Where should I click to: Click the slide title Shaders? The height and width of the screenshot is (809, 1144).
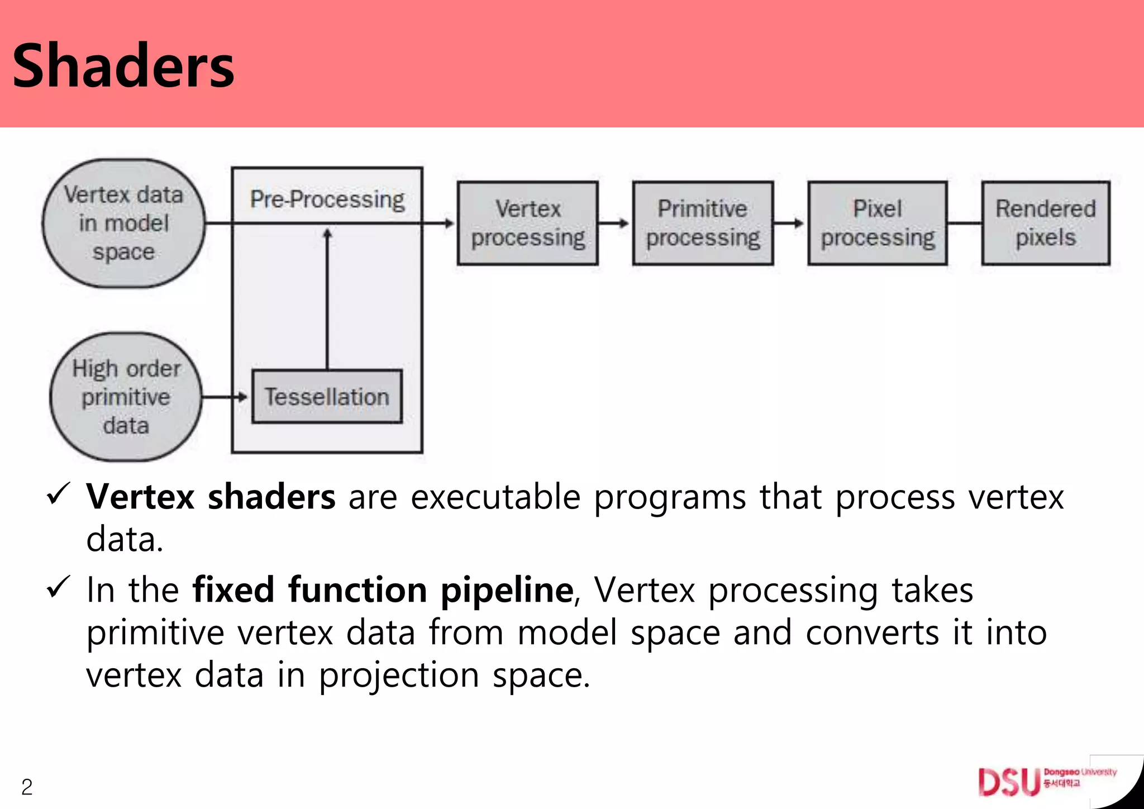tap(123, 66)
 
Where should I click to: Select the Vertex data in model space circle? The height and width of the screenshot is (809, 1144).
tap(123, 223)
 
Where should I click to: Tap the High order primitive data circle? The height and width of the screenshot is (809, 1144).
tap(126, 397)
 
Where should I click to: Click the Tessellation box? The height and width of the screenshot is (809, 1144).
tap(327, 397)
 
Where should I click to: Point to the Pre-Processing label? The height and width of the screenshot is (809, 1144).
tap(327, 199)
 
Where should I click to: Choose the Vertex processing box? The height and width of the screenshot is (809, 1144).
tap(527, 223)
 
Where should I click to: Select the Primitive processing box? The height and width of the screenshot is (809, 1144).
tap(703, 223)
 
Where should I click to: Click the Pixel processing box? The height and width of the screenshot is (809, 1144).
tap(878, 223)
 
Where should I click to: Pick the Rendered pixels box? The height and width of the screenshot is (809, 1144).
tap(1046, 223)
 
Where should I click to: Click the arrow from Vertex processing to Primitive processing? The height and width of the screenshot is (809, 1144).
tap(614, 223)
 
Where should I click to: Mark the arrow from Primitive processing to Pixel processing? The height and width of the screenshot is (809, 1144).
tap(790, 223)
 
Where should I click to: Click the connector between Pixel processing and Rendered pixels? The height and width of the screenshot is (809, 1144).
tap(965, 223)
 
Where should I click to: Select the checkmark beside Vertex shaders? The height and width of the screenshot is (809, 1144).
tap(58, 493)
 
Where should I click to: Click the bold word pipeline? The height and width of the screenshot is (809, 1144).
tap(507, 591)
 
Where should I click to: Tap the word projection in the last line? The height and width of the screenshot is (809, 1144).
tap(399, 675)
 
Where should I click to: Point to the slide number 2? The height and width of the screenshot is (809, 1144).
tap(27, 787)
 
